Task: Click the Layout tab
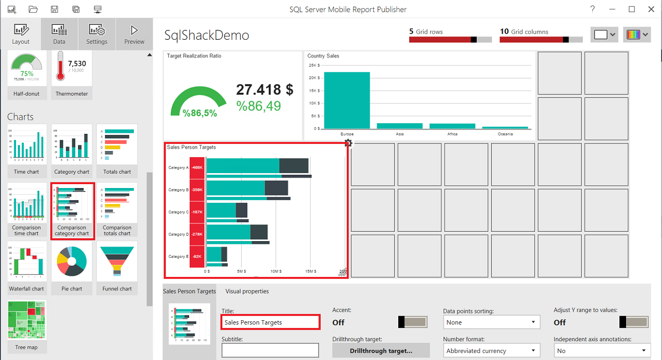(21, 34)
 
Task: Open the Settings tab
(97, 34)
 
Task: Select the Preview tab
(134, 34)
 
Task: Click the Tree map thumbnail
(27, 321)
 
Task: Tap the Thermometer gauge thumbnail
(72, 71)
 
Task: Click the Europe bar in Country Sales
(347, 100)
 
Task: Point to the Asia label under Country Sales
(399, 134)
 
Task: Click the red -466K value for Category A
(197, 168)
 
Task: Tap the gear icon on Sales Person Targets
(348, 144)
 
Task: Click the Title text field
(270, 322)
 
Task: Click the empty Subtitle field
(270, 350)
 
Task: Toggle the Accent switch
(413, 322)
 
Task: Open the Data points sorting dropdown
(491, 322)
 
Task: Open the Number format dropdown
(491, 351)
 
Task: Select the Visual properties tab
(247, 291)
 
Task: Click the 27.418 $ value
(264, 90)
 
